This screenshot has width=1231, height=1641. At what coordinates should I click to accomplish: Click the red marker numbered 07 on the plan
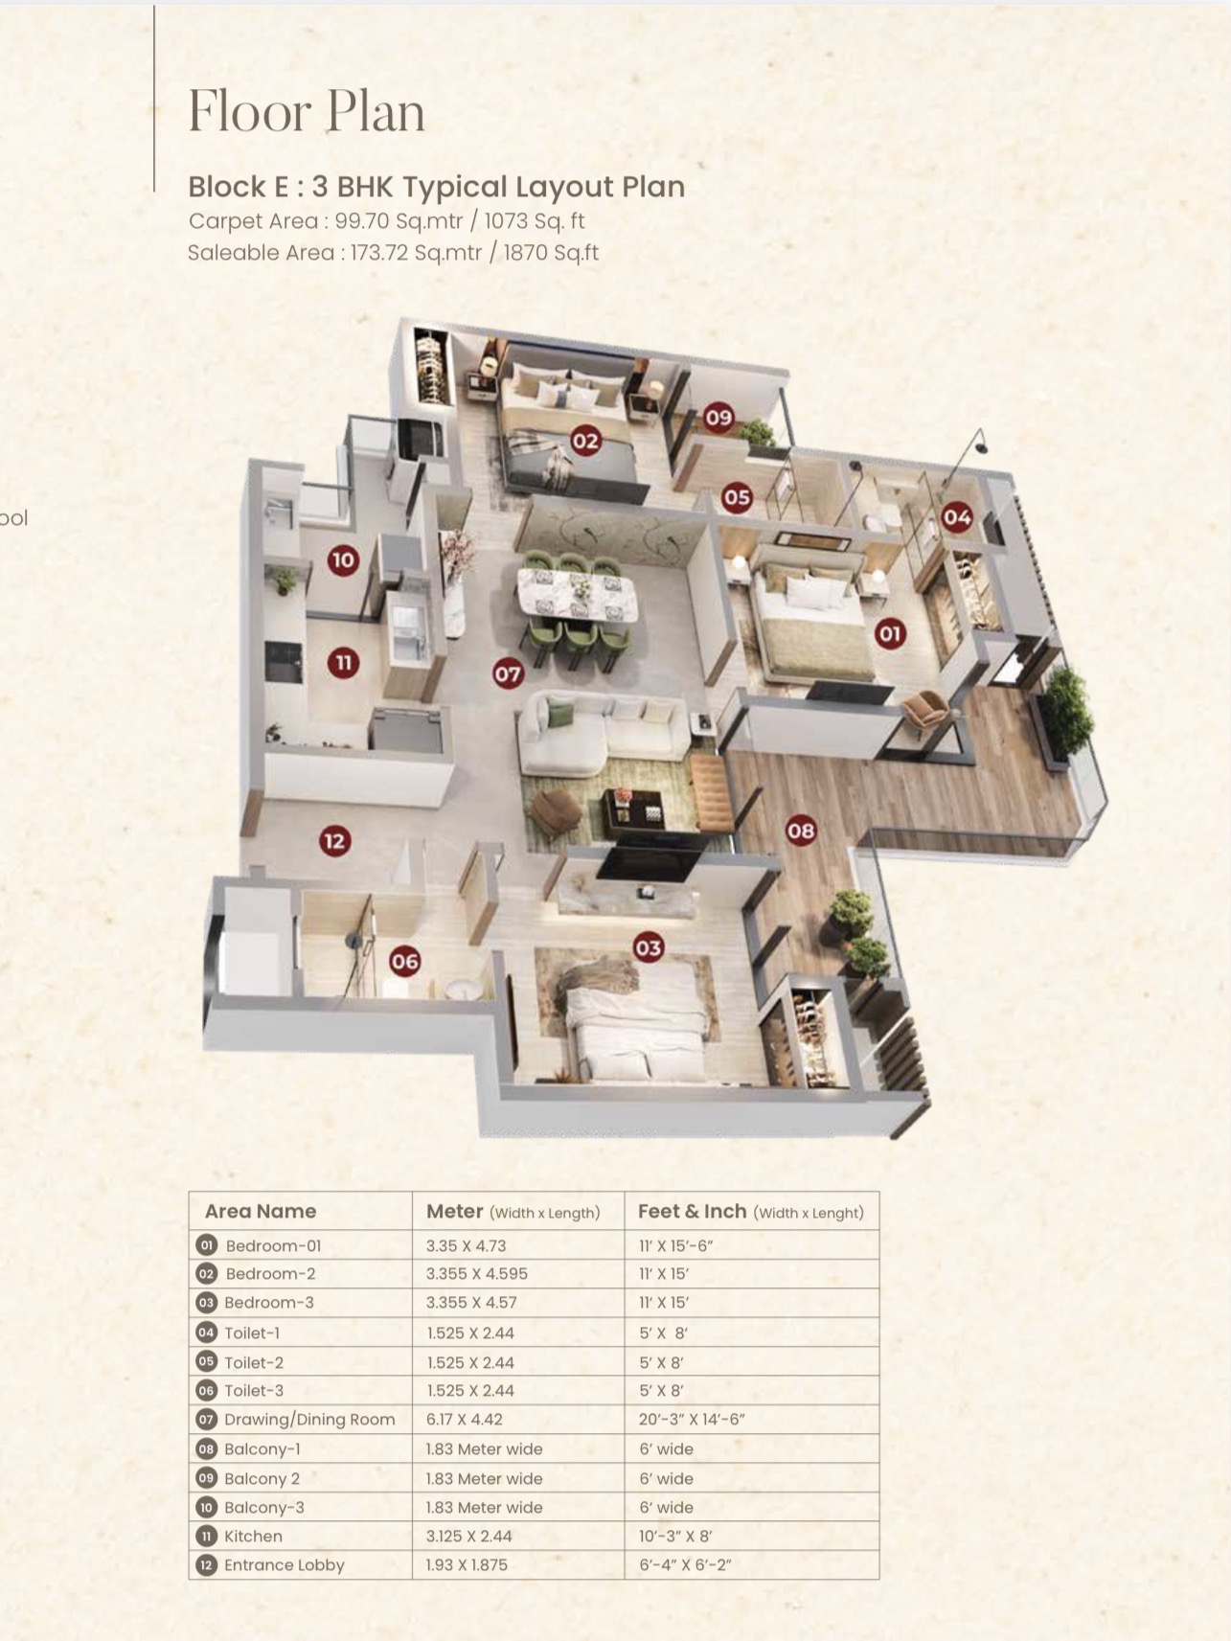pyautogui.click(x=508, y=673)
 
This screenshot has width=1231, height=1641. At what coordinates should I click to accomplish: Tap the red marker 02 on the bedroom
pyautogui.click(x=585, y=441)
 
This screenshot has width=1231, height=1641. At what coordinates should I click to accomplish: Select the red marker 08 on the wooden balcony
pyautogui.click(x=801, y=830)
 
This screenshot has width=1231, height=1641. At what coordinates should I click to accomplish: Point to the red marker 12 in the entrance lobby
pyautogui.click(x=334, y=841)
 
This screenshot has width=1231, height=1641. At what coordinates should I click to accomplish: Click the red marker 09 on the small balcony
pyautogui.click(x=718, y=417)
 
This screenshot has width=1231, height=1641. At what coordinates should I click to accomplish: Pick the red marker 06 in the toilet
pyautogui.click(x=404, y=961)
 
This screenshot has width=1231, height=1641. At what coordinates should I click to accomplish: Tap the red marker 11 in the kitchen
pyautogui.click(x=343, y=662)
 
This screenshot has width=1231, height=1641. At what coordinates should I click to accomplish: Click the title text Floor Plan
pyautogui.click(x=307, y=111)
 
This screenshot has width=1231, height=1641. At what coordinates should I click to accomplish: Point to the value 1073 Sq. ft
pyautogui.click(x=534, y=221)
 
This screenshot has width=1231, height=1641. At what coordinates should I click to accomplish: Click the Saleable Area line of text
pyautogui.click(x=393, y=253)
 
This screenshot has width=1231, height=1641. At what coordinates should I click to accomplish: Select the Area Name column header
pyautogui.click(x=261, y=1211)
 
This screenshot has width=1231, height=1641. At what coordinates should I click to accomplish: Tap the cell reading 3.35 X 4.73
pyautogui.click(x=466, y=1245)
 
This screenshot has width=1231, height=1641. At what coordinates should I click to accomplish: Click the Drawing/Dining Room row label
pyautogui.click(x=309, y=1420)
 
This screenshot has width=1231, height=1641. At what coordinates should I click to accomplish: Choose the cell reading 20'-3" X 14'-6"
pyautogui.click(x=692, y=1420)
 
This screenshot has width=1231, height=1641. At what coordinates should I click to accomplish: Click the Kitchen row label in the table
pyautogui.click(x=253, y=1536)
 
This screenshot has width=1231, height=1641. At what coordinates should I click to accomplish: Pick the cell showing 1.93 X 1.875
pyautogui.click(x=467, y=1564)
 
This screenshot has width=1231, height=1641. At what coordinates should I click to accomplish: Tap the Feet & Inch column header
pyautogui.click(x=751, y=1212)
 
